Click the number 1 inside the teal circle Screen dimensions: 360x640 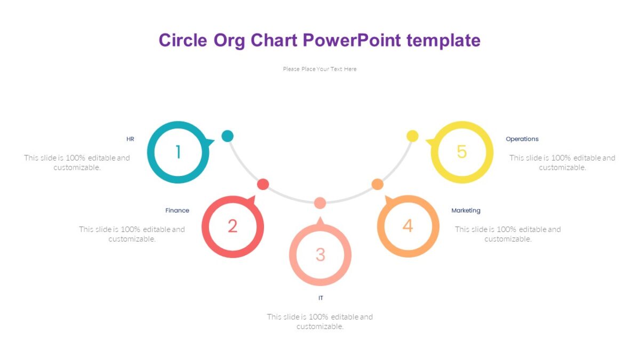(x=178, y=153)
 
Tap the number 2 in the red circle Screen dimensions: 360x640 (x=233, y=226)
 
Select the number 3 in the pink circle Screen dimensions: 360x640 (x=320, y=254)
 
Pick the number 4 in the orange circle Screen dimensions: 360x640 (x=407, y=226)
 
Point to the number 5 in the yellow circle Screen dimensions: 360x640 (x=462, y=152)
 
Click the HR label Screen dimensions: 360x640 (x=130, y=139)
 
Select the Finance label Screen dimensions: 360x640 (x=177, y=211)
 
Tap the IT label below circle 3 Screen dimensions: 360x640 (x=321, y=298)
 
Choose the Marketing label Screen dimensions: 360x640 (x=466, y=211)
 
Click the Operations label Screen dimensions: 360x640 (x=522, y=139)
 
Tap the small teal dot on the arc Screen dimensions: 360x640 (x=228, y=136)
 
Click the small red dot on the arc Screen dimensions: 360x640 (x=263, y=185)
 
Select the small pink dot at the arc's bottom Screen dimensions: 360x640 (x=320, y=203)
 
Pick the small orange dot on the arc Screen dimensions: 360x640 (x=377, y=185)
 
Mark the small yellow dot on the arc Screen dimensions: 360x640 (x=412, y=136)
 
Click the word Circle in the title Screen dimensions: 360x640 (x=183, y=41)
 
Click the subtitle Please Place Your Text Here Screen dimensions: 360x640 (x=320, y=69)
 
